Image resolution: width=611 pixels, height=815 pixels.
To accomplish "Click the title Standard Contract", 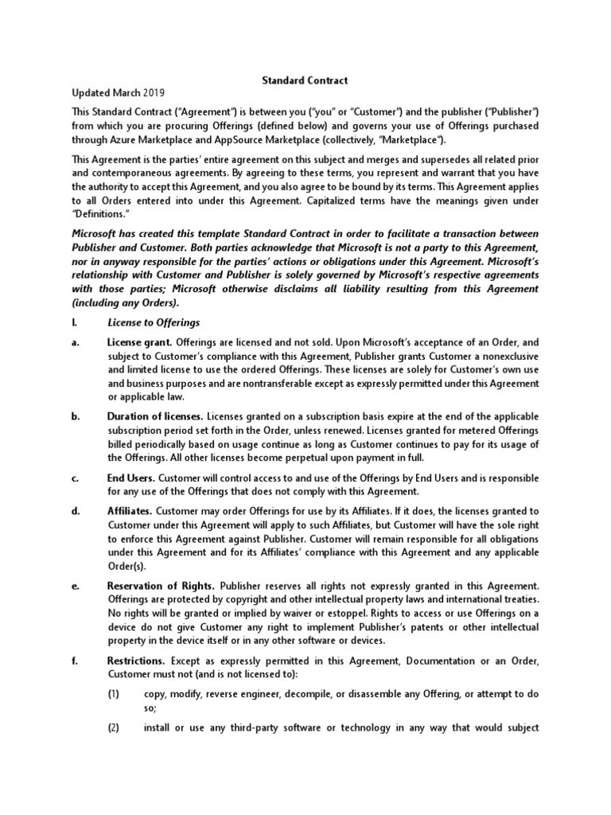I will tap(305, 80).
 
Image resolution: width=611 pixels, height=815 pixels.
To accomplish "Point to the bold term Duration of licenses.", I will tap(155, 416).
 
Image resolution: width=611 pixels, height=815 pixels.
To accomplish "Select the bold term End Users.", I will tap(131, 478).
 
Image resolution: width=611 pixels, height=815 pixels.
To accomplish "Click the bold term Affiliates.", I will tap(130, 510).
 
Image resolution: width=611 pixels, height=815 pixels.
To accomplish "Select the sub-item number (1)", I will tap(114, 693).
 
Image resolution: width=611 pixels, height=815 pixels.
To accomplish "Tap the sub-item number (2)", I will tap(114, 727).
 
